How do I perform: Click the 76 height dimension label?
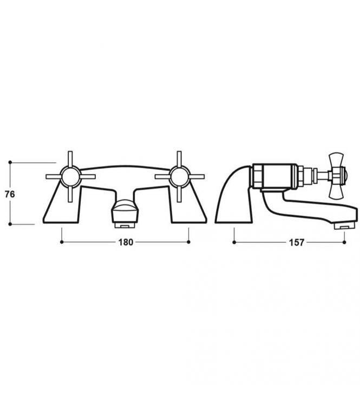tap(10, 194)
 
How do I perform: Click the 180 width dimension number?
tap(126, 242)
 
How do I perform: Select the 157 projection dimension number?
tap(297, 242)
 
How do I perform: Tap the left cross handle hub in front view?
tap(70, 176)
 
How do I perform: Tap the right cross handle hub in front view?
tap(180, 176)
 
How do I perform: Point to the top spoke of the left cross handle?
tap(70, 159)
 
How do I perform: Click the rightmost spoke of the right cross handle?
tap(197, 176)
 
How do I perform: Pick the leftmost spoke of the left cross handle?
tap(53, 176)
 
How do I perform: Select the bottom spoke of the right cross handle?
tap(180, 194)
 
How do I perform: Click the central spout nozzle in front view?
tap(125, 214)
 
